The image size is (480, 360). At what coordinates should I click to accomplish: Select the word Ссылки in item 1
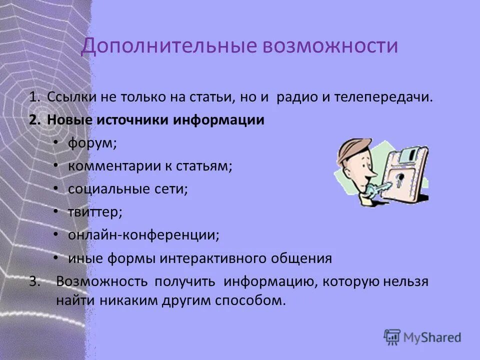point(70,97)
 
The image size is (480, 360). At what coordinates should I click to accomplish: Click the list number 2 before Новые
point(33,120)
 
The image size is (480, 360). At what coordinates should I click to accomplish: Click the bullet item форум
point(92,143)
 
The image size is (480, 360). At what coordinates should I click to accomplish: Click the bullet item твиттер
point(95,212)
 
